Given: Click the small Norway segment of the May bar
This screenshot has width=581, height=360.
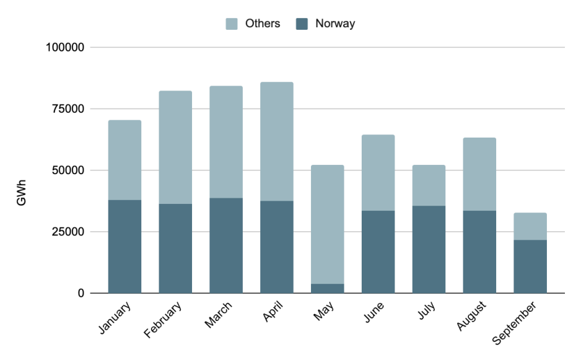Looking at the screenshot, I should pyautogui.click(x=328, y=289).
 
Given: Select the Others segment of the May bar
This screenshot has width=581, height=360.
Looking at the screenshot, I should pyautogui.click(x=328, y=224).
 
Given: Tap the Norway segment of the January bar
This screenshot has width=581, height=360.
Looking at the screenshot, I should pyautogui.click(x=124, y=247).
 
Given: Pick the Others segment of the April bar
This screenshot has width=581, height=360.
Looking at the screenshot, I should pyautogui.click(x=277, y=141).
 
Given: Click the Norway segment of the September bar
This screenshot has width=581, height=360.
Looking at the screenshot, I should pyautogui.click(x=530, y=266).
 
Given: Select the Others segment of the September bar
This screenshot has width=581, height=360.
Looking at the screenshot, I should pyautogui.click(x=530, y=226).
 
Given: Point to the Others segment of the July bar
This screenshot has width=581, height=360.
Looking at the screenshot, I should pyautogui.click(x=429, y=185).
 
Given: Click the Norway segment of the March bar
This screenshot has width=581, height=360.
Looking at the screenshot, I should pyautogui.click(x=226, y=245).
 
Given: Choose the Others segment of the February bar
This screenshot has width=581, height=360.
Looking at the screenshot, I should pyautogui.click(x=175, y=147).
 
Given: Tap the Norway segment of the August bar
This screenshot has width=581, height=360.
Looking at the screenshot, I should pyautogui.click(x=479, y=252).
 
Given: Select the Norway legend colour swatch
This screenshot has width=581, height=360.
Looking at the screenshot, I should pyautogui.click(x=302, y=24).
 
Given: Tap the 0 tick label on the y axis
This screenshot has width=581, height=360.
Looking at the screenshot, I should pyautogui.click(x=81, y=293).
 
